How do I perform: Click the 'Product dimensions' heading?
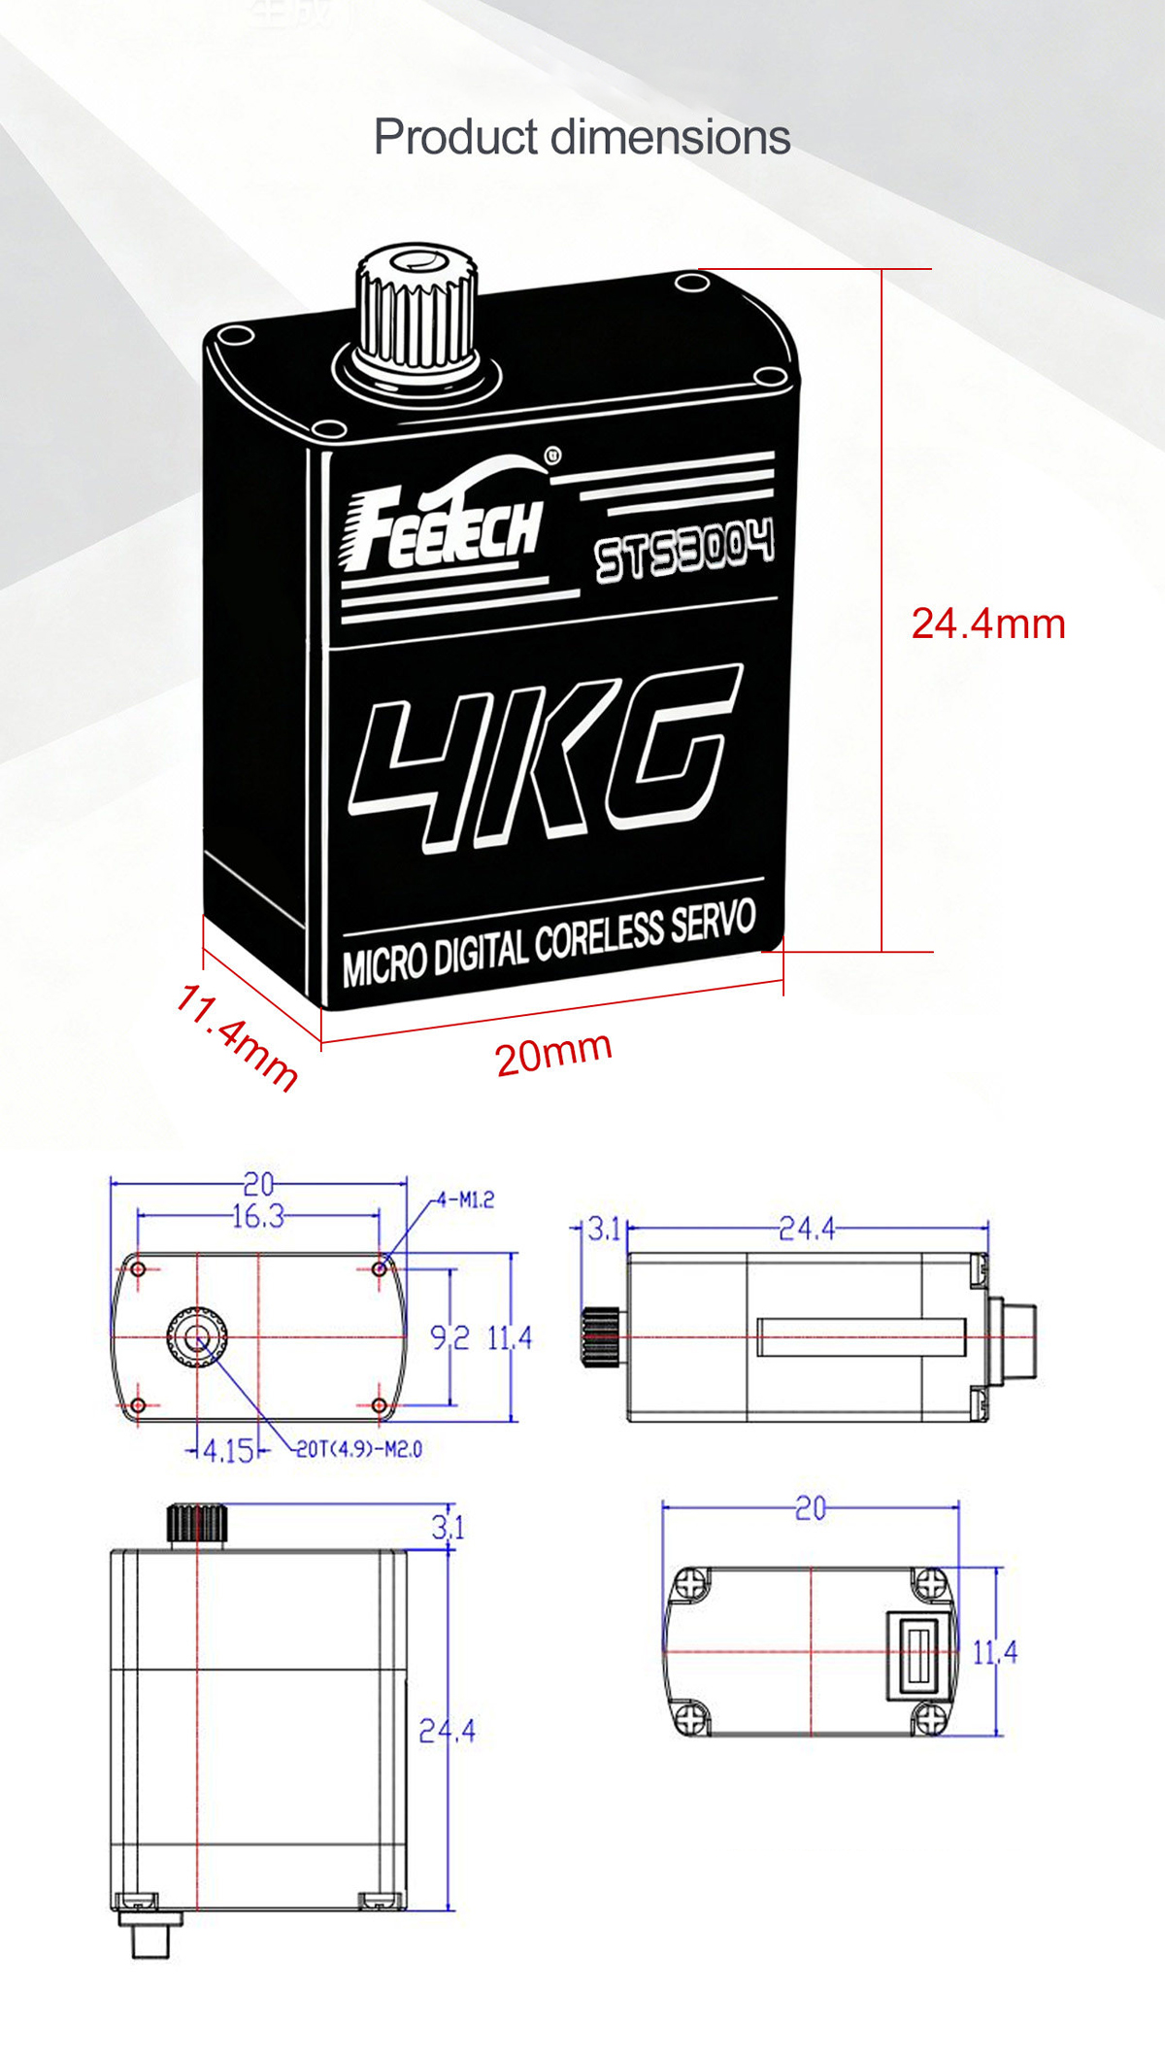coord(582,137)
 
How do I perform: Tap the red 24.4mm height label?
coord(988,624)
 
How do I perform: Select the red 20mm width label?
coord(553,1053)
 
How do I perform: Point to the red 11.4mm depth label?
coord(237,1037)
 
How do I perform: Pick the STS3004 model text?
coord(685,549)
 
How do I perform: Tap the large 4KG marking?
coord(544,753)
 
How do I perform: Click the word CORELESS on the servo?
coord(598,936)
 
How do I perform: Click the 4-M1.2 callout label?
coord(465,1200)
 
